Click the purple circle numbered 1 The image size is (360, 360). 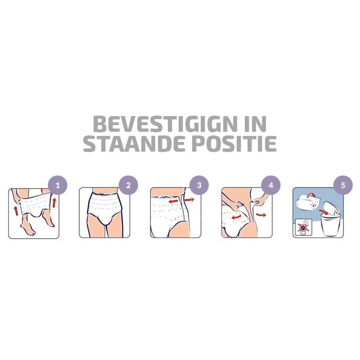58,185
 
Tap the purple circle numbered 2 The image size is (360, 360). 128,185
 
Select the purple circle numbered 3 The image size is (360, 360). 199,185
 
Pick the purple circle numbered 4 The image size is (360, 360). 271,185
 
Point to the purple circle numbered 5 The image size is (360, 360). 343,185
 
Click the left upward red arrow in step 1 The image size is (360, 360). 16,211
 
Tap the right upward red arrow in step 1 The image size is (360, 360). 54,203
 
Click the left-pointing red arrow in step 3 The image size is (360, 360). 174,201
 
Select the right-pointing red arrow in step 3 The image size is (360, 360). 189,200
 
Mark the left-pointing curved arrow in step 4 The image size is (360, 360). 236,216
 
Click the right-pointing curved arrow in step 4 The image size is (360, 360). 261,215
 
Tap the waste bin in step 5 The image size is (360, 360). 330,225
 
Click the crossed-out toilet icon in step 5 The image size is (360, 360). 303,227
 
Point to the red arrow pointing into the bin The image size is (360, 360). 324,211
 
